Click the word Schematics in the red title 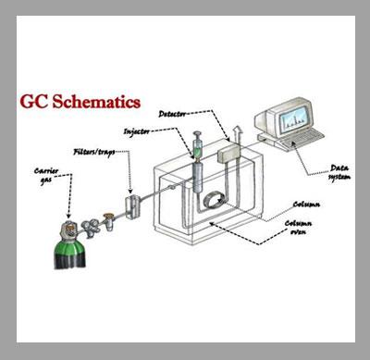point(96,102)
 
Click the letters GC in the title point(34,102)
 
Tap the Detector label point(172,114)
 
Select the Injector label point(136,131)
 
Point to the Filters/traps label point(94,152)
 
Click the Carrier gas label point(46,176)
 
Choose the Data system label point(339,172)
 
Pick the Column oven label point(298,228)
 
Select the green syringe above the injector point(196,145)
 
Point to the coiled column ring point(213,201)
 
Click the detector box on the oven point(229,154)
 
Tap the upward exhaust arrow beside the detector point(237,134)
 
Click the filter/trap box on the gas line point(132,206)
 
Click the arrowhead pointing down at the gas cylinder point(68,216)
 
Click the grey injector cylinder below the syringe point(198,178)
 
